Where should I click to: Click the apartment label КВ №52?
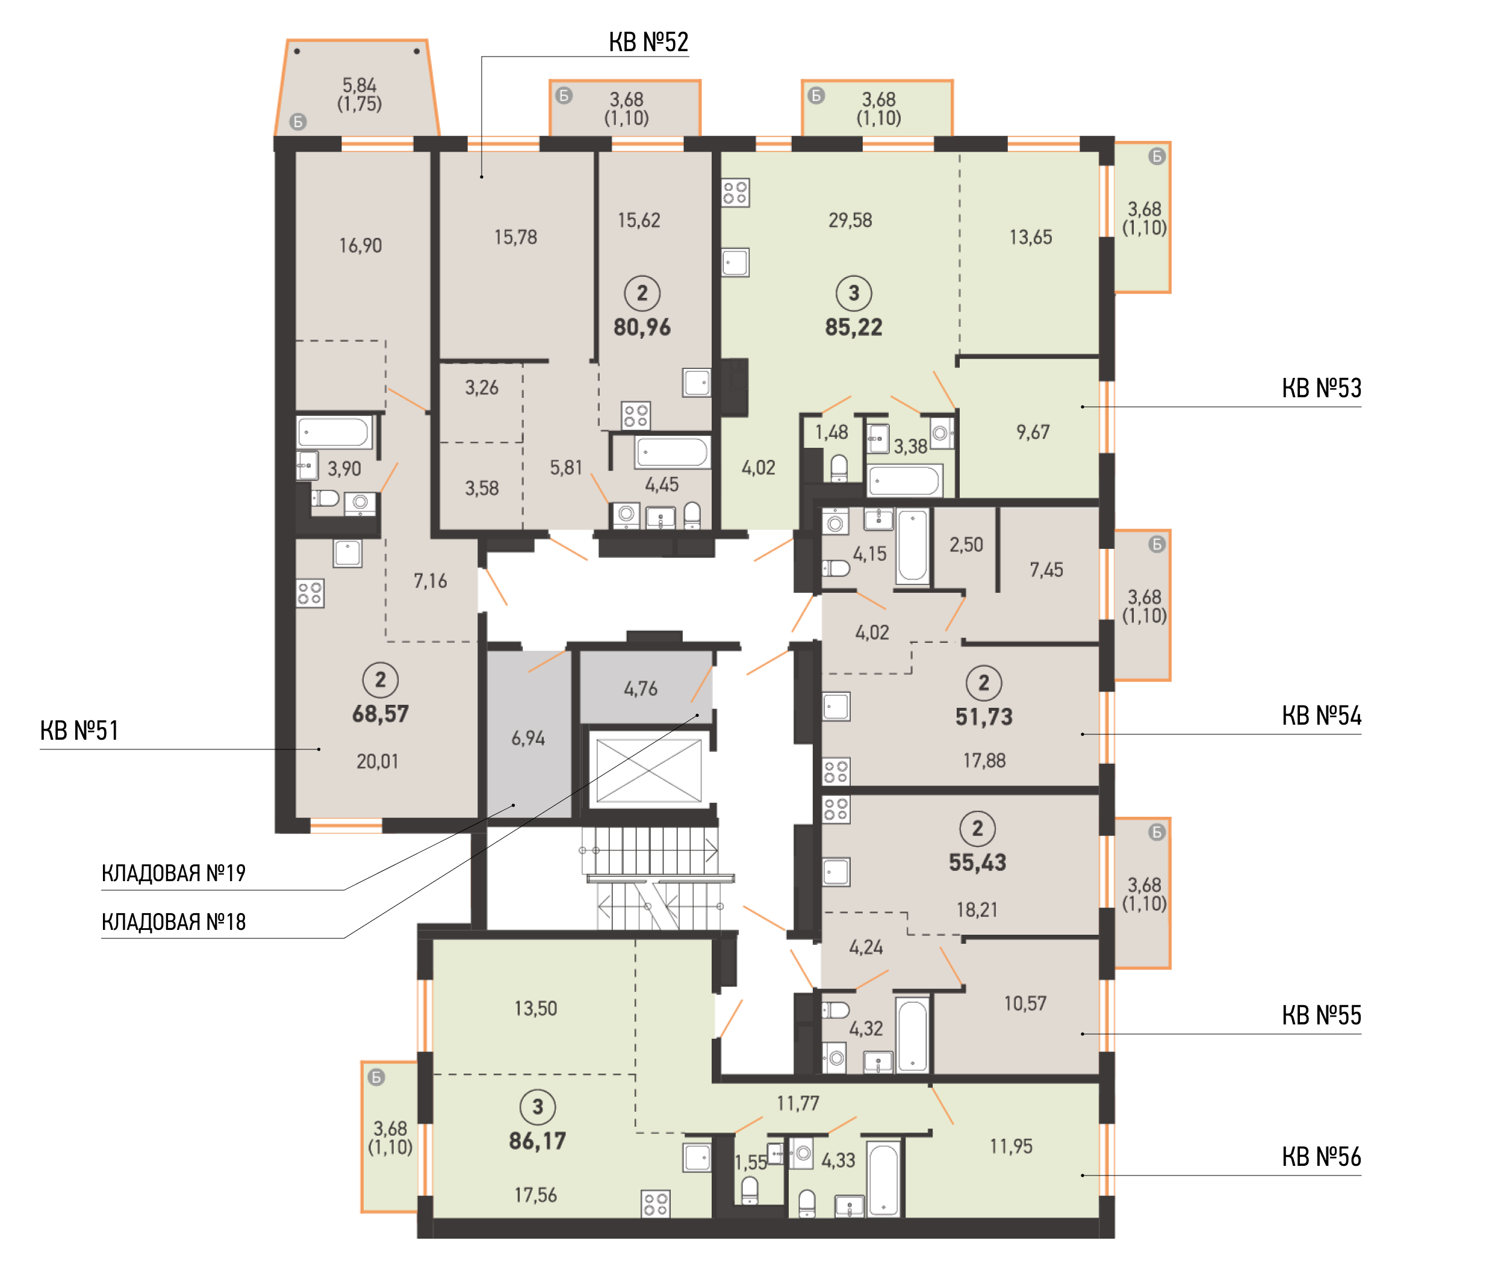coord(648,42)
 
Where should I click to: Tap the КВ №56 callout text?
coord(1321,1157)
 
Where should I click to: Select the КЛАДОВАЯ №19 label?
coord(173,873)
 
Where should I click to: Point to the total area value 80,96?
coord(642,327)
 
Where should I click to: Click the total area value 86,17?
coord(538,1141)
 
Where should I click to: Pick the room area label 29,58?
coord(850,220)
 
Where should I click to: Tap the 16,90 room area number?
coord(360,246)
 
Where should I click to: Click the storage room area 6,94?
coord(528,739)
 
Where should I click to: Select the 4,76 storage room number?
coord(641,689)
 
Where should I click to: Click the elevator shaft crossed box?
coord(649,770)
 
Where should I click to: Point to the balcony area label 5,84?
coord(359,85)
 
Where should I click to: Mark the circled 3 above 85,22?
coord(854,293)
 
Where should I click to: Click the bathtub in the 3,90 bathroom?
coord(334,433)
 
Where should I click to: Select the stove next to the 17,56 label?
coord(656,1204)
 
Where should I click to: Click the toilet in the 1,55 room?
coord(750,1191)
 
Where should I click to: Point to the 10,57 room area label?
coord(1025,1003)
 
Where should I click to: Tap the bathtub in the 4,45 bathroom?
coord(672,453)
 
